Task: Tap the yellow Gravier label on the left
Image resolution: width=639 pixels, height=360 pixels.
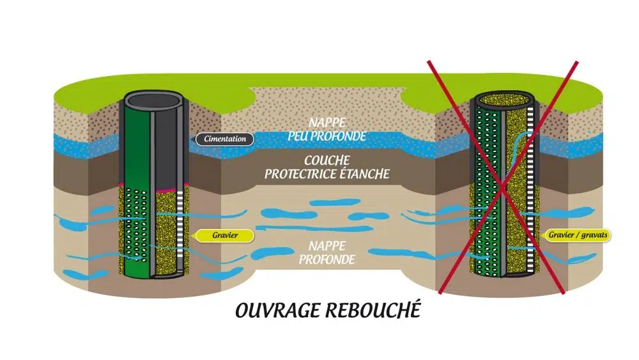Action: click(x=224, y=235)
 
